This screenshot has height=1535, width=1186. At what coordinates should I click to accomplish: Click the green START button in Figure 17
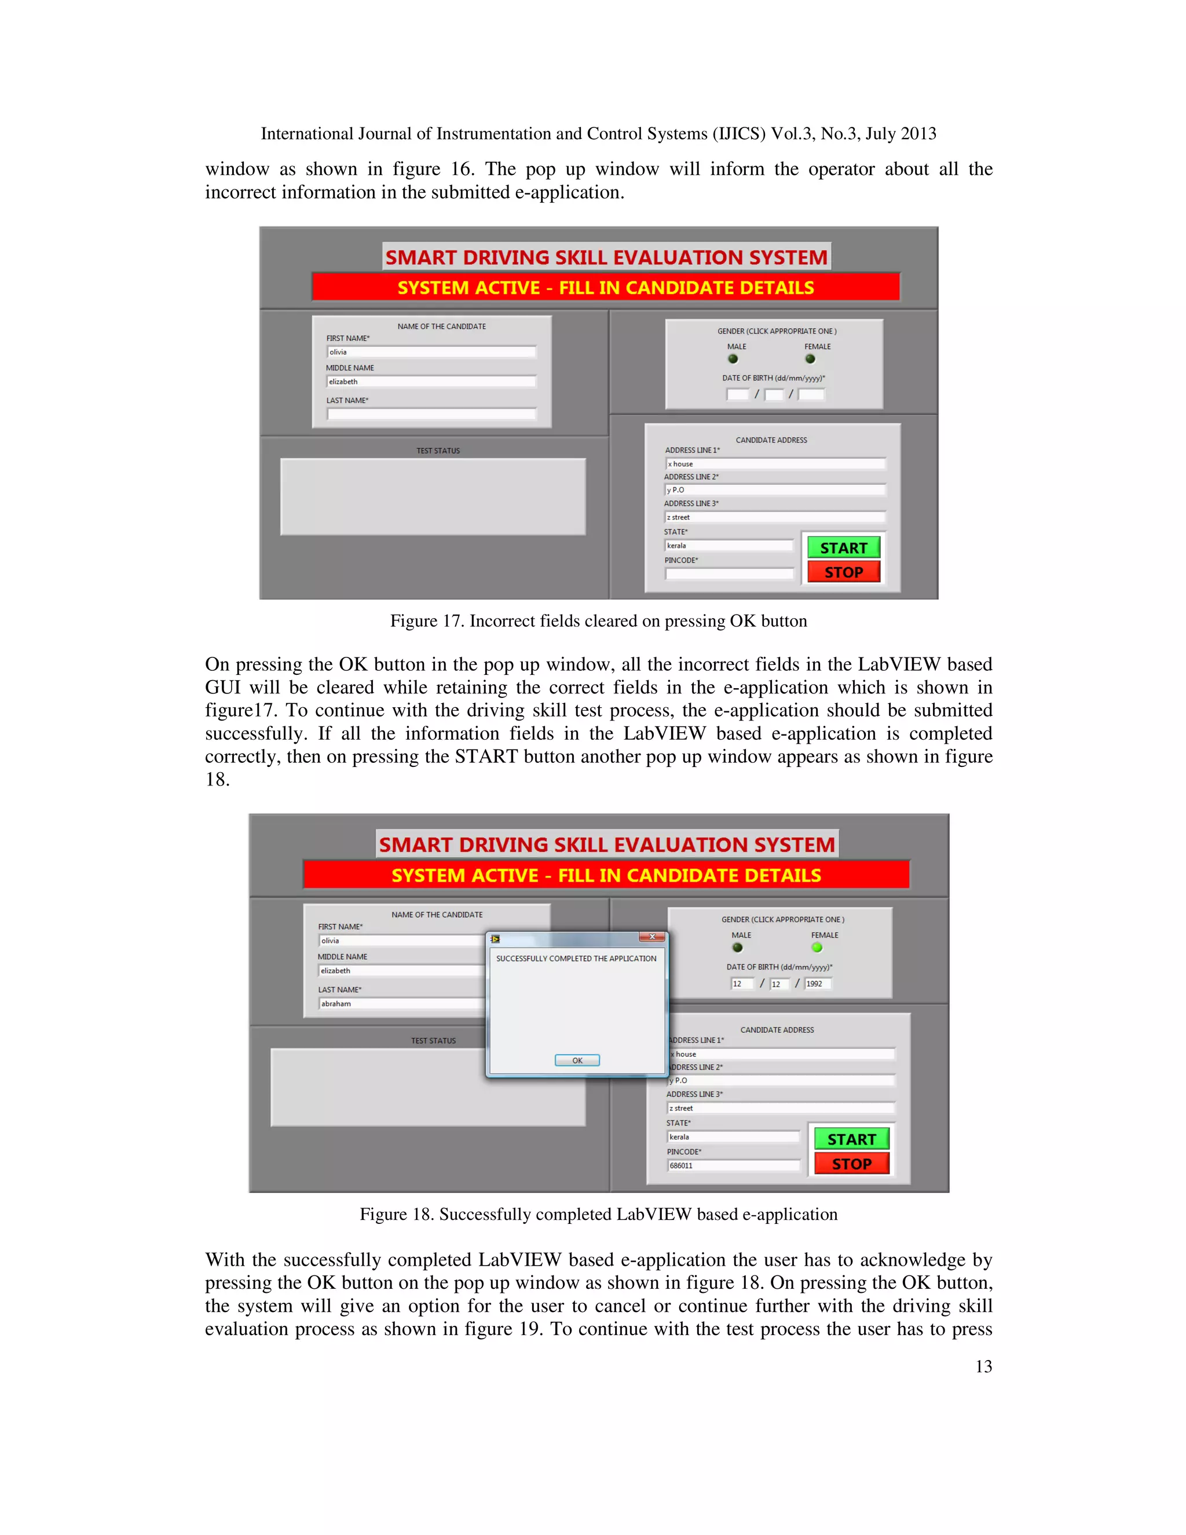point(843,547)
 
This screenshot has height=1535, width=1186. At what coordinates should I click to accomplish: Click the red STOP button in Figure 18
point(851,1164)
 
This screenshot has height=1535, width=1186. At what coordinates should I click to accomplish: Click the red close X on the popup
point(652,937)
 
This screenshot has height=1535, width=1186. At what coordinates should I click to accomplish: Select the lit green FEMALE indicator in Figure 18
point(817,948)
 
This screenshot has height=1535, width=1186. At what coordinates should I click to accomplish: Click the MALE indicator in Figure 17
point(733,359)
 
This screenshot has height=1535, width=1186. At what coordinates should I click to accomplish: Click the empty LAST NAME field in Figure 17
point(431,414)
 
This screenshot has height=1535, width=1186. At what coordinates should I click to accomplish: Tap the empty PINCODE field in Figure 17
point(729,574)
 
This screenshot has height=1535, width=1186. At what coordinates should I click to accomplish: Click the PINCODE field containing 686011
point(733,1165)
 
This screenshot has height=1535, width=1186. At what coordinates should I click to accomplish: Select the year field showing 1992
point(818,984)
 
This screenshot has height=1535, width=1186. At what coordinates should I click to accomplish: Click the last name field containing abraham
point(401,1004)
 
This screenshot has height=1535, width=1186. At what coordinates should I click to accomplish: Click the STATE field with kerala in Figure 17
point(729,546)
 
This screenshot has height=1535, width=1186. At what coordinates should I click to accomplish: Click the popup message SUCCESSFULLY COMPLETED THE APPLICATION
point(576,959)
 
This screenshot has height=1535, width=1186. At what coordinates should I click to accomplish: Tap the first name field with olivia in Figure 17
point(431,352)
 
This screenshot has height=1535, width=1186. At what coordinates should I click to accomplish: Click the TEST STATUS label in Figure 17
point(438,451)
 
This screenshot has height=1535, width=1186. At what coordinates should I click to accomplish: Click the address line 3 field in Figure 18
point(780,1108)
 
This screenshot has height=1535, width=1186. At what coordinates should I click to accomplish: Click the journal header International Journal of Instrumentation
point(599,134)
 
